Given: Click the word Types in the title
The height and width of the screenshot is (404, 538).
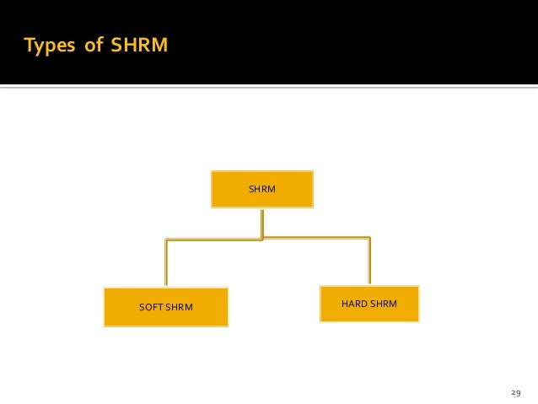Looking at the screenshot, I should point(49,45).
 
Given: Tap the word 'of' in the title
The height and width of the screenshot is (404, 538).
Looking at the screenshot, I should point(93,45).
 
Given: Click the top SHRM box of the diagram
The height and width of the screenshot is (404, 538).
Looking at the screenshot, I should point(261,189).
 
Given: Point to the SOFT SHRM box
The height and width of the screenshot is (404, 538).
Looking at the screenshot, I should point(165,306).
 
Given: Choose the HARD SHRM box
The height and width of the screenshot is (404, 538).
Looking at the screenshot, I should point(369,304).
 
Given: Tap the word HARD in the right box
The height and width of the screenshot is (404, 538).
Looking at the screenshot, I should point(353,303).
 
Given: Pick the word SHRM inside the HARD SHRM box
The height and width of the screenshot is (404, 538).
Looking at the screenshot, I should point(383,303).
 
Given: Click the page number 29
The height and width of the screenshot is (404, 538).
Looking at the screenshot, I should point(517,392).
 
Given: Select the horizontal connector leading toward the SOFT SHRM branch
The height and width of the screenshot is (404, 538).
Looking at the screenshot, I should point(214,240).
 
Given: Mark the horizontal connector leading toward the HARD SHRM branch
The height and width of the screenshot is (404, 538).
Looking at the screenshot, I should point(316,237).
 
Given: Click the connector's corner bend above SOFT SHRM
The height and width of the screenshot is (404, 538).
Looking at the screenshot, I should point(167,241).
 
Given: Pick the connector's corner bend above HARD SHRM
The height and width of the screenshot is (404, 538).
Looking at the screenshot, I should point(369,238).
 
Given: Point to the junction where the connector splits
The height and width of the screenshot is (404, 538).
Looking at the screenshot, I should point(262,239).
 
